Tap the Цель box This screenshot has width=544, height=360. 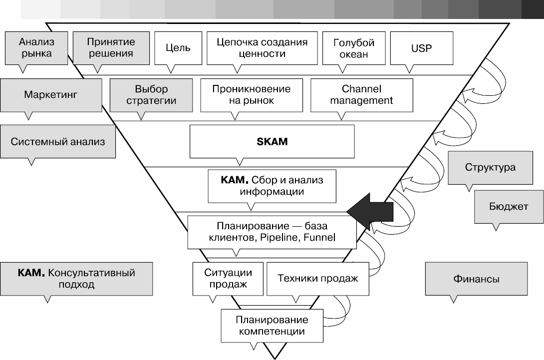(x=178, y=48)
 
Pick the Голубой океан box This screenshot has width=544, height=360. (x=353, y=48)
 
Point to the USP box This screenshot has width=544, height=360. (x=422, y=48)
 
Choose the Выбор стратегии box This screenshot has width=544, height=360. (x=151, y=94)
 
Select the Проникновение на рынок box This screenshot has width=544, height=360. (x=251, y=94)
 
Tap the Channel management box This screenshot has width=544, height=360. (x=361, y=94)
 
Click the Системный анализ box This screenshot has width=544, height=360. (x=58, y=141)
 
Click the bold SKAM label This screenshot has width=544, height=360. (x=272, y=141)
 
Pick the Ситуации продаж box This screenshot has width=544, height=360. (x=228, y=278)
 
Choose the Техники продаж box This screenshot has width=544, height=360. (x=318, y=278)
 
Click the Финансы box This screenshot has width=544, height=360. (x=476, y=279)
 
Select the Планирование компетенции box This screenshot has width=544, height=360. (x=272, y=325)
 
